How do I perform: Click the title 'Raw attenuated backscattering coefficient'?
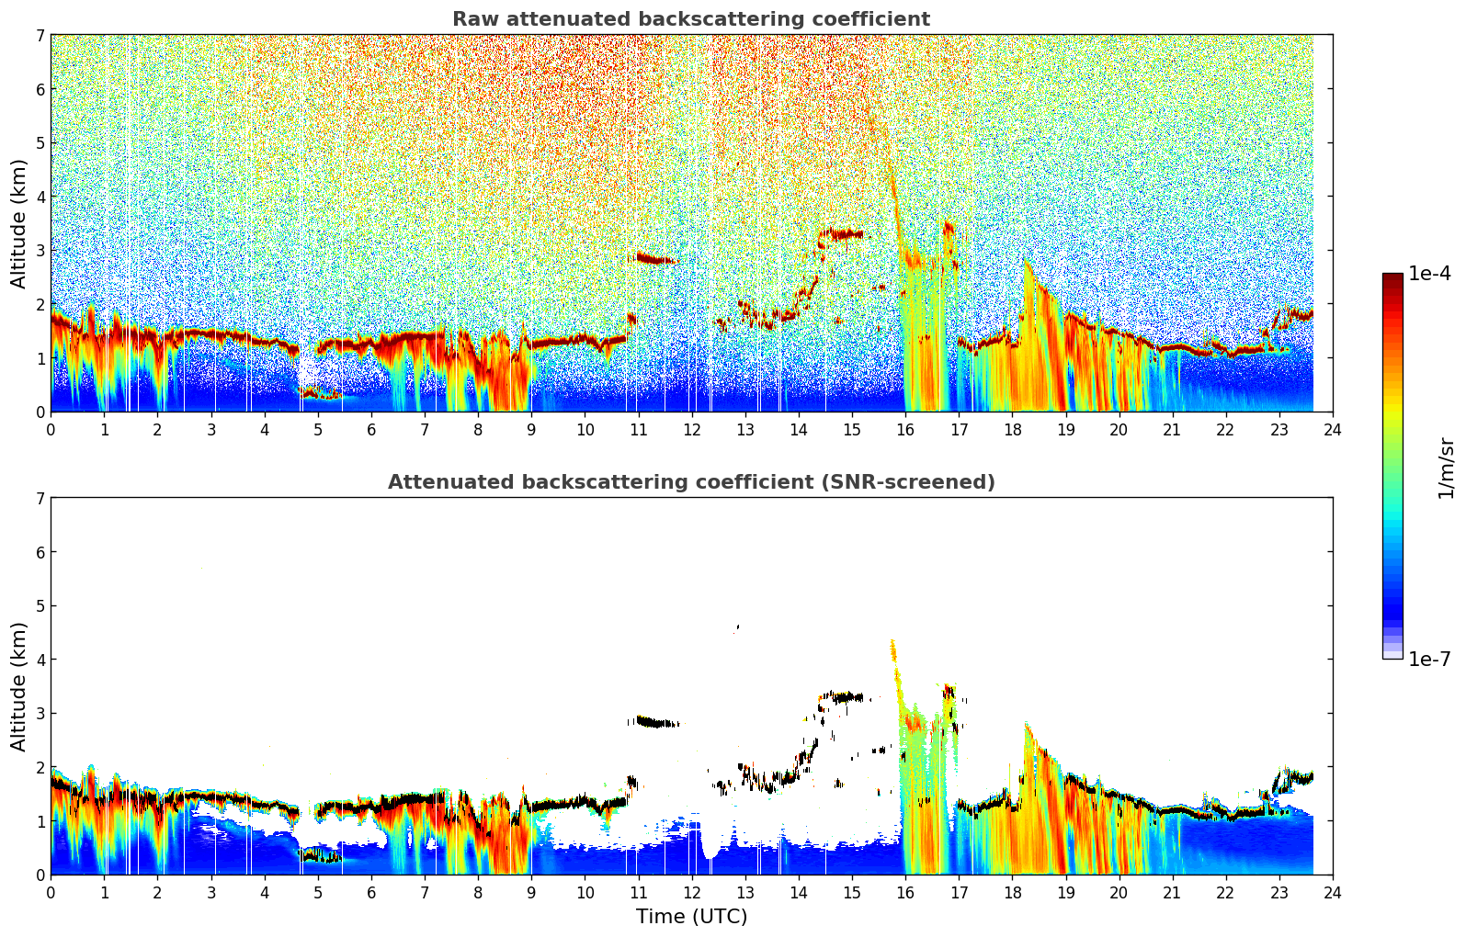[x=691, y=19]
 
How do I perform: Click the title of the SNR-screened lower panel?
[x=691, y=481]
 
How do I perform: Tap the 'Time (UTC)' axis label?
[x=691, y=916]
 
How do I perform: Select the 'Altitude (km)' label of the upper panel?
[x=18, y=224]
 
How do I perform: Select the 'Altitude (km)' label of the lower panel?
[x=18, y=686]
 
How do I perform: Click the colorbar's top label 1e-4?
[x=1429, y=274]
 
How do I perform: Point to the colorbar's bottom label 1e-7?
[x=1429, y=659]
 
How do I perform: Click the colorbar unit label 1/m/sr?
[x=1446, y=468]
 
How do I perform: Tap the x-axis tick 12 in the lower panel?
[x=692, y=893]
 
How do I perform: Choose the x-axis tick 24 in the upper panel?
[x=1333, y=430]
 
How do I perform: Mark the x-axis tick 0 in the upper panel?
[x=51, y=430]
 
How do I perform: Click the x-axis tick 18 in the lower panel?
[x=1013, y=893]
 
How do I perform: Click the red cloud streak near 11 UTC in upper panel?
[x=654, y=258]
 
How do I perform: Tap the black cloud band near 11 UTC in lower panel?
[x=654, y=722]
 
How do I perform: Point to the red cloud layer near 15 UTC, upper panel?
[x=842, y=233]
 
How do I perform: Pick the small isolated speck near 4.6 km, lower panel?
[x=737, y=627]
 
